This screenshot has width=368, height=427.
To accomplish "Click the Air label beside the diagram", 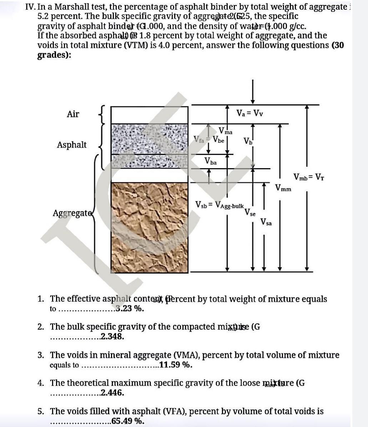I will (x=73, y=114).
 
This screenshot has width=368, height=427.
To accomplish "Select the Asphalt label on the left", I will (x=72, y=145).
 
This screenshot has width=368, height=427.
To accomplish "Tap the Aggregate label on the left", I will (x=71, y=213).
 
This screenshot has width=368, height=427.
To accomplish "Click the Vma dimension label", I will (x=225, y=131).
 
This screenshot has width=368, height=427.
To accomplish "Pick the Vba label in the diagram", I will (x=211, y=161).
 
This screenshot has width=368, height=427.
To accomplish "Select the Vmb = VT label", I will (x=309, y=177).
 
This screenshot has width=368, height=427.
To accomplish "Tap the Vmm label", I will (x=283, y=188).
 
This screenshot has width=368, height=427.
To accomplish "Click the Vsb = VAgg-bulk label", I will (x=220, y=205).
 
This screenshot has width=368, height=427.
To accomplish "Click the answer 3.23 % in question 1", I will (x=130, y=308).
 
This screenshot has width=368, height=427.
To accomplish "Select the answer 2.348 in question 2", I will (x=112, y=336).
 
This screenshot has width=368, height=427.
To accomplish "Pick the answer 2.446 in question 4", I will (x=112, y=393).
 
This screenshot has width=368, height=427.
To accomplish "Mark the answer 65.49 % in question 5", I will (x=128, y=421).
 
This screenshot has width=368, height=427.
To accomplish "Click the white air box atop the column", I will (x=149, y=115).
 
